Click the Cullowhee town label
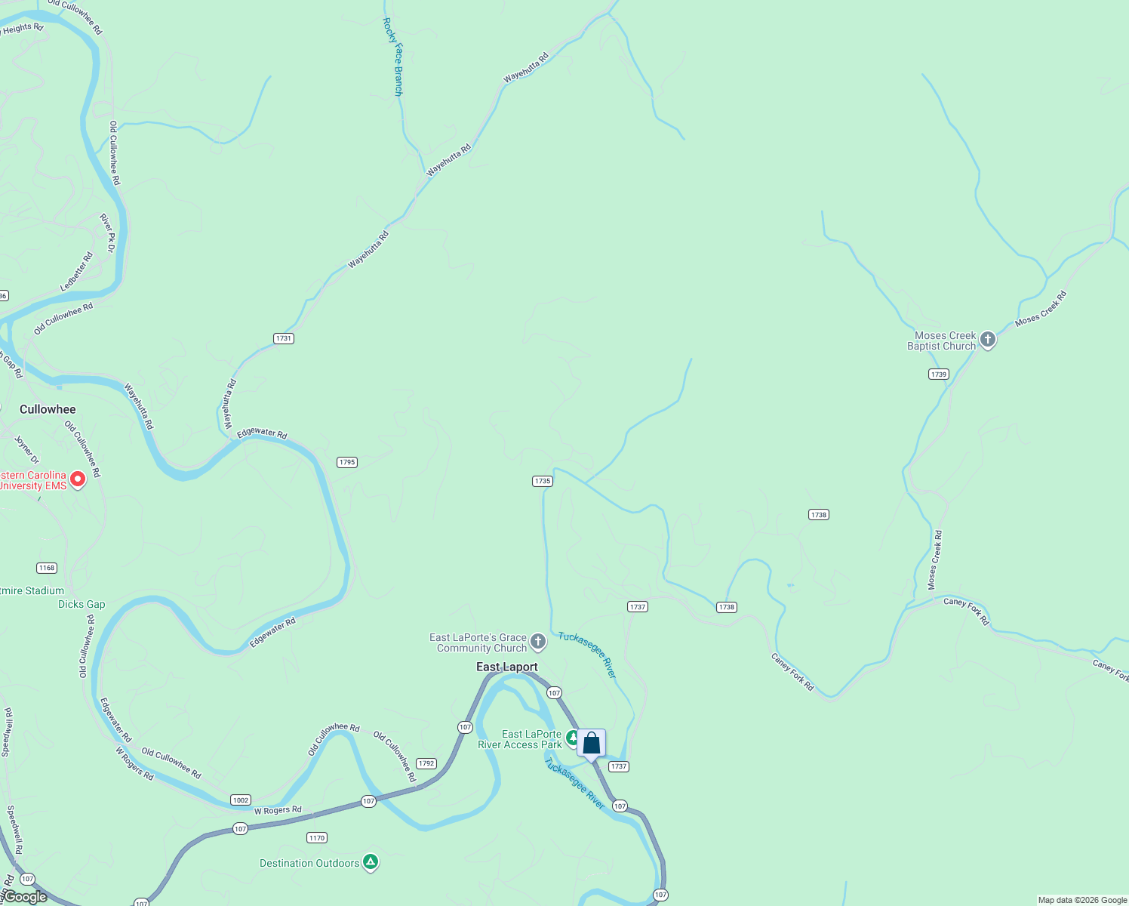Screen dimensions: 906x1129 click(48, 409)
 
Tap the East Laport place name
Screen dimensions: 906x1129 click(507, 667)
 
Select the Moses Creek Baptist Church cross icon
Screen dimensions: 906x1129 click(988, 340)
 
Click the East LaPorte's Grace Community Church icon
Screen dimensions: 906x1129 click(538, 642)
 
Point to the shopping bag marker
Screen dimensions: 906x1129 click(592, 744)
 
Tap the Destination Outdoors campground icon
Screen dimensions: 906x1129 click(371, 861)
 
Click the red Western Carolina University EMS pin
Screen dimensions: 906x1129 click(77, 479)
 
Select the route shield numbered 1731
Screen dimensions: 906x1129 click(284, 338)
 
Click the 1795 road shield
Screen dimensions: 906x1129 click(347, 462)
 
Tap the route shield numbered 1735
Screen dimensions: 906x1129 click(543, 481)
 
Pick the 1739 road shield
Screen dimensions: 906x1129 click(939, 374)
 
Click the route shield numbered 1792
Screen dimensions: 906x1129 click(426, 763)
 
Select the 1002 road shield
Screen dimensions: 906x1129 click(241, 800)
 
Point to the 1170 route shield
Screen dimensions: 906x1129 click(317, 838)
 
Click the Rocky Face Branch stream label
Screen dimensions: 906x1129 click(393, 57)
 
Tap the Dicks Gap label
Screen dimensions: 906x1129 click(82, 604)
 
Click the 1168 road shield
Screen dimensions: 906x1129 click(47, 568)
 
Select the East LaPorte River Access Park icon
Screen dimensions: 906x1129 click(573, 737)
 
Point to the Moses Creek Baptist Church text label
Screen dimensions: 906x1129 click(942, 341)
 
